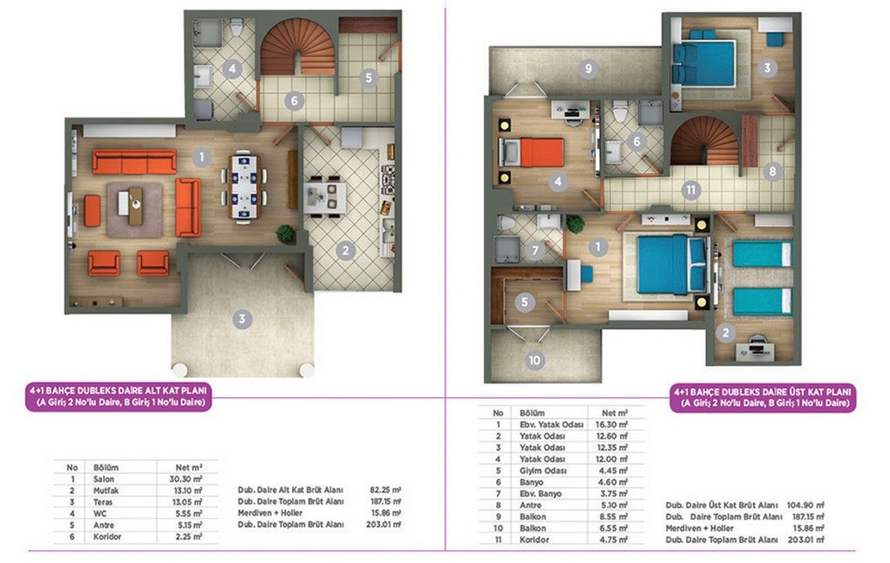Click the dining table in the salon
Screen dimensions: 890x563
(244, 186)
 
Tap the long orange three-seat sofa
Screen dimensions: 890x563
(134, 162)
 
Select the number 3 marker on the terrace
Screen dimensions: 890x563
(242, 319)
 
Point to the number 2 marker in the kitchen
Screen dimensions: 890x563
(345, 250)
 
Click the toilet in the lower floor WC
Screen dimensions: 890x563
(237, 26)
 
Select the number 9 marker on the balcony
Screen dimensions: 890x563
(588, 69)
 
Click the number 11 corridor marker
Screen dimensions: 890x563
(691, 190)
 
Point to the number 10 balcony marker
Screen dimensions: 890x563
(534, 360)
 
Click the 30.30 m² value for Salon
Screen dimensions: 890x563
(186, 479)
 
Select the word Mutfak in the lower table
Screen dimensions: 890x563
(106, 491)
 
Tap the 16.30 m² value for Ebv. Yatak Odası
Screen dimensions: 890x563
(611, 425)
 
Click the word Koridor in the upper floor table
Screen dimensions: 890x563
(534, 540)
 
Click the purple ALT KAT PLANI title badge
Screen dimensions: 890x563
(119, 397)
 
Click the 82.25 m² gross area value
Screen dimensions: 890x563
(385, 490)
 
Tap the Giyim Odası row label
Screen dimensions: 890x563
(543, 471)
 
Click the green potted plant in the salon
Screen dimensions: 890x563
(285, 233)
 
